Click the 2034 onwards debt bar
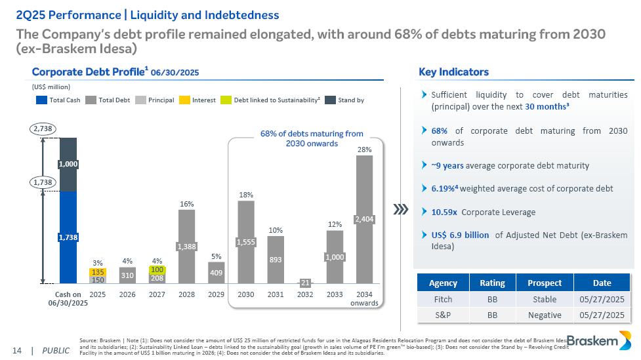pos(364,219)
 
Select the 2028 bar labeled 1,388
pos(186,246)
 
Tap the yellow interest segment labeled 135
pos(98,271)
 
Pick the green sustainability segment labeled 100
pos(157,270)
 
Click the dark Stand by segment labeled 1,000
pos(68,165)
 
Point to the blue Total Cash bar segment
pos(68,237)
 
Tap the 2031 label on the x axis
pos(276,294)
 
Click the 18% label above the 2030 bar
pos(245,195)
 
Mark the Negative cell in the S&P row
pos(547,315)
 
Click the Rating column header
pos(492,283)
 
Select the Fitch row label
pos(443,299)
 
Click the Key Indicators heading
pos(453,72)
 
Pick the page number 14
pos(17,350)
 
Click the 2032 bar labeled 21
pos(305,283)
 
